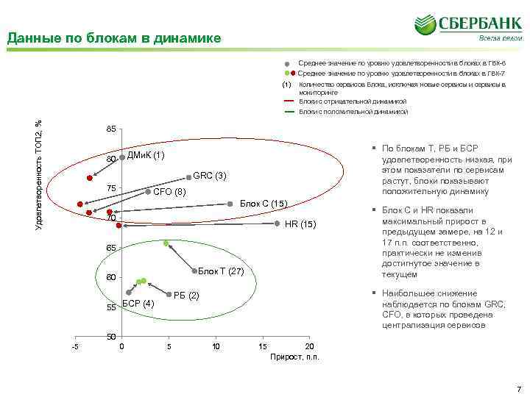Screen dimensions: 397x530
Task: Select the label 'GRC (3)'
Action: (209, 176)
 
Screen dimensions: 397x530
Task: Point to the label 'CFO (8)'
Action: (169, 192)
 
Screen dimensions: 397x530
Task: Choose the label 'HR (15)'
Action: (300, 224)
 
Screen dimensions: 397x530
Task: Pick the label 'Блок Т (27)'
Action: (221, 271)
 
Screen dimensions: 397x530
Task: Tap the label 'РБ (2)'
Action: (186, 295)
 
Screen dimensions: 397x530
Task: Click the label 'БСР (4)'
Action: (138, 304)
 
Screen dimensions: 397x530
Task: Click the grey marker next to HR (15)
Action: (278, 223)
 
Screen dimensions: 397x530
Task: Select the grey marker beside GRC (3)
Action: (188, 176)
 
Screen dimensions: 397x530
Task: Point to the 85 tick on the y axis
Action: (110, 129)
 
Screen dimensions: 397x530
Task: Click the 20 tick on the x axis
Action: (309, 346)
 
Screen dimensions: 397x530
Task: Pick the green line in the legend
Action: (289, 112)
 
